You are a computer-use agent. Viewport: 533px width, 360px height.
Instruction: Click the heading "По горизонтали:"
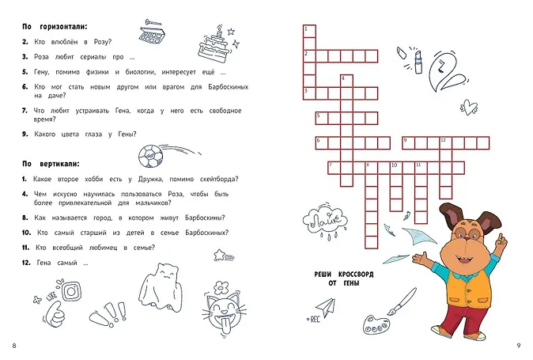click(55, 27)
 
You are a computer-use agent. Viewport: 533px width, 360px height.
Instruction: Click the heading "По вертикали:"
click(51, 164)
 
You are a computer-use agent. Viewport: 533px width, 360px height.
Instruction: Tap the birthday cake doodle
click(214, 45)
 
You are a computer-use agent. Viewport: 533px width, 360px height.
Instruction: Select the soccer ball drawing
click(150, 157)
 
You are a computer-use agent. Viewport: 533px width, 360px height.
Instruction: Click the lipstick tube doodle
click(418, 62)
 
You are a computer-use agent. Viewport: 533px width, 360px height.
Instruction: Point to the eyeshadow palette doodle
click(152, 34)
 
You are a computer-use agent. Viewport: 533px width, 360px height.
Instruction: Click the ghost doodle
click(160, 287)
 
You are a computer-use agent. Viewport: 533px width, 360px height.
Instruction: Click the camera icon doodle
click(72, 291)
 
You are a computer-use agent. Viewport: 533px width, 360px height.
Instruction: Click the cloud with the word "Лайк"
click(325, 220)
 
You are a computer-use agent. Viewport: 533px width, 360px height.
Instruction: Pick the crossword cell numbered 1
click(309, 32)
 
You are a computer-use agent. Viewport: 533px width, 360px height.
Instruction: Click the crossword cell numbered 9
click(409, 143)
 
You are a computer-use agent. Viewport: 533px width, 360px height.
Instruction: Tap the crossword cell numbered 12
click(446, 143)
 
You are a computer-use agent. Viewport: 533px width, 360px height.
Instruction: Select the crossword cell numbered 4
click(346, 81)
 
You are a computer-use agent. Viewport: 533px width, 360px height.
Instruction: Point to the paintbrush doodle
click(403, 301)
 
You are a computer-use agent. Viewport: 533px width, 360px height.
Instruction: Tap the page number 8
click(14, 346)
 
